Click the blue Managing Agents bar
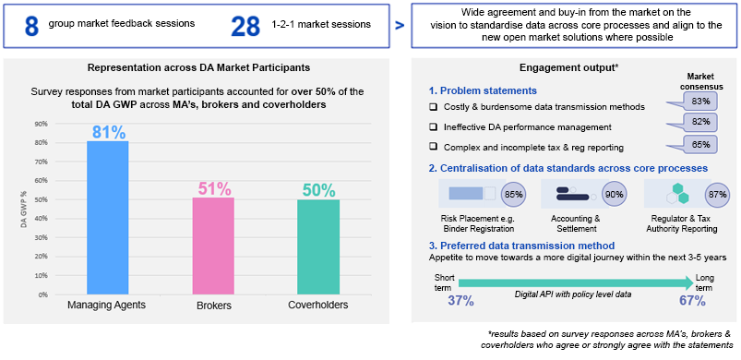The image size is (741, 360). coord(108,218)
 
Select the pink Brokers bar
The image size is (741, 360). coord(213,246)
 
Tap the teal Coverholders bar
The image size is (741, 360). coord(318,246)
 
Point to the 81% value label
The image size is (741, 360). coord(108,132)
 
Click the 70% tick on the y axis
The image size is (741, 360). coord(42,162)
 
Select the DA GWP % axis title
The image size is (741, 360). coord(23,210)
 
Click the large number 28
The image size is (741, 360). coord(245,27)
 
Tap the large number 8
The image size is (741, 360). coord(31,27)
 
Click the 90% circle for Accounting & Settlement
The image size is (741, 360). coord(614,194)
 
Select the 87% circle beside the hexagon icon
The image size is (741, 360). coord(716,194)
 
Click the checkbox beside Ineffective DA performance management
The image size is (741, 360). coord(433,126)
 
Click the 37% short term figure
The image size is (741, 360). coord(460,301)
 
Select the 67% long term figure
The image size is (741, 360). coord(693,301)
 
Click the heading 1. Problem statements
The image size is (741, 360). coord(483,90)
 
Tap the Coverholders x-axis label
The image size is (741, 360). coord(318,305)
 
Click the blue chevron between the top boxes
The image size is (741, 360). coord(400,26)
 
